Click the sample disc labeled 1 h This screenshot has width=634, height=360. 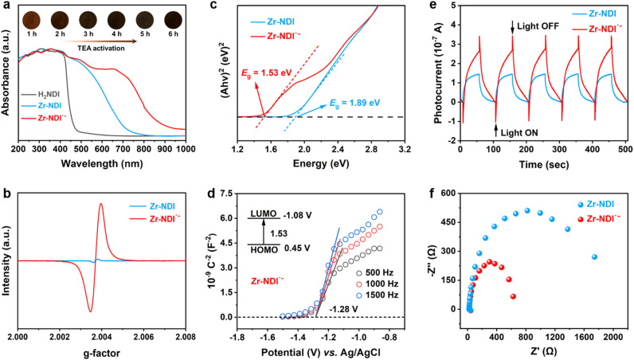pos(32,20)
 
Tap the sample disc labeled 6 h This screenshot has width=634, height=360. pos(173,20)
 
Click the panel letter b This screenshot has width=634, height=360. pos(6,194)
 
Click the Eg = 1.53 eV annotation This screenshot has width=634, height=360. pos(267,72)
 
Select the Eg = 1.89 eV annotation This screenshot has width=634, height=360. pos(354,103)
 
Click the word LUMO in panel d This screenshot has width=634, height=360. pos(264,214)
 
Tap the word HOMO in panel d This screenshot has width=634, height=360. pos(264,249)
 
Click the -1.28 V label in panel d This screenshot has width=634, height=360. pos(343,310)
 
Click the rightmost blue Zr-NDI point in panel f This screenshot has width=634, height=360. pos(594,256)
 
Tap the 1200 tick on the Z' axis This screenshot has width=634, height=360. pos(554,337)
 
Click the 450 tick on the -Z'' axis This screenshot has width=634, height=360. pos(451,222)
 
